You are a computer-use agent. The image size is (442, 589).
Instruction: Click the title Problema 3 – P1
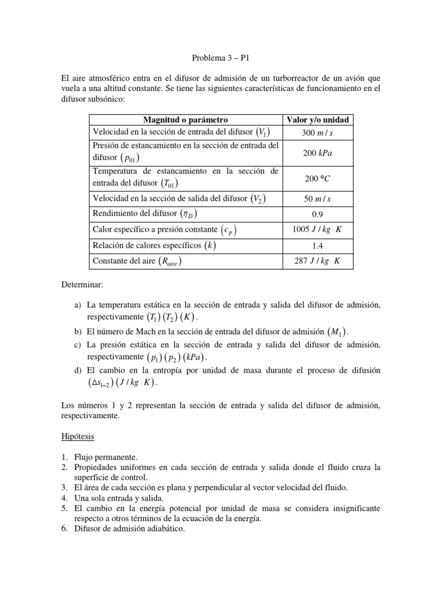click(220, 58)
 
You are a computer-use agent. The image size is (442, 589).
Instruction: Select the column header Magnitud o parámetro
click(185, 120)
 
